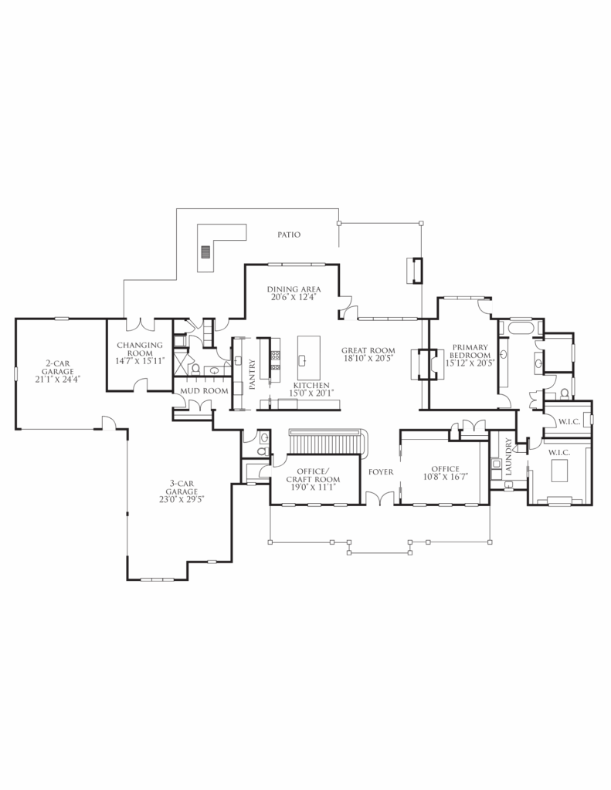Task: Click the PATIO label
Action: [x=289, y=235]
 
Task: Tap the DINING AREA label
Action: [x=294, y=289]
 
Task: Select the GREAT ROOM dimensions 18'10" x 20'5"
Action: [x=368, y=358]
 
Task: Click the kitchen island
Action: [x=309, y=358]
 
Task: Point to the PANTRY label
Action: [x=253, y=373]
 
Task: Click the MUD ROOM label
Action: [x=205, y=391]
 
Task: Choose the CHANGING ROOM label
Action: [x=140, y=349]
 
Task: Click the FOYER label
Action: [x=381, y=472]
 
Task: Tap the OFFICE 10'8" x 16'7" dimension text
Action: [x=446, y=477]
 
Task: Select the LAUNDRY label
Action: [x=508, y=457]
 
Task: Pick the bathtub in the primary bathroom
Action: [x=521, y=329]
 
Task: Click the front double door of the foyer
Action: [x=380, y=498]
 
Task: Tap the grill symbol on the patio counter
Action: [x=205, y=252]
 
